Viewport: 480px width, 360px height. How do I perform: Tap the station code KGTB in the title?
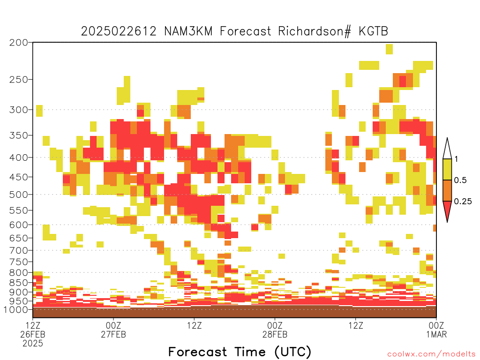coord(374,31)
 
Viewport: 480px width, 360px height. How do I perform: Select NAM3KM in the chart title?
coord(188,31)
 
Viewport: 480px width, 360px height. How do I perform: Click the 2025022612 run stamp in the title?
coord(119,31)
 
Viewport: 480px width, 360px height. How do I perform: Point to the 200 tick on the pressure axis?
coord(19,43)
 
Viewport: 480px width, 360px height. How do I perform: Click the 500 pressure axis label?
coord(19,195)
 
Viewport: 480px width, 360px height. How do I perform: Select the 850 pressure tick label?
coord(19,283)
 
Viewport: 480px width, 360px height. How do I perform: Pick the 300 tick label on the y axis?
coord(19,110)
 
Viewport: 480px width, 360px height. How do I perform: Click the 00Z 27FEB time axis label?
coord(113,330)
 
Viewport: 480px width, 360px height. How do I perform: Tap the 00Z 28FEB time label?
coord(275,330)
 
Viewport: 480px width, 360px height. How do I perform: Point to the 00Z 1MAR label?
coord(436,330)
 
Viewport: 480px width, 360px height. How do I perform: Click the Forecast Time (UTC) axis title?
coord(240,352)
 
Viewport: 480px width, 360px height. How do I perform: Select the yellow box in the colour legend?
coord(447,169)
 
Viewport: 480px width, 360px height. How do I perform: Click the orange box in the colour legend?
coord(447,190)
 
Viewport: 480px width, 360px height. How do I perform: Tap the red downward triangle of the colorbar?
coord(447,210)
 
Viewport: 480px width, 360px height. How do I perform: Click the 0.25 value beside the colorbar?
coord(463,202)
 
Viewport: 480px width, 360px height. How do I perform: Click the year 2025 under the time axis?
coord(33,344)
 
